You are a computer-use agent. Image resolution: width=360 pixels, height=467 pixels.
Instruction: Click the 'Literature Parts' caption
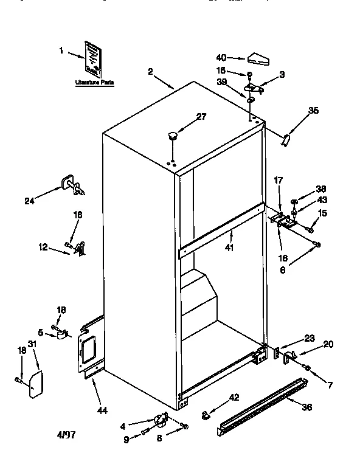point(94,81)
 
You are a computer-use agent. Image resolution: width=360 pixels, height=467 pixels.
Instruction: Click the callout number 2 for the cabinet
point(150,71)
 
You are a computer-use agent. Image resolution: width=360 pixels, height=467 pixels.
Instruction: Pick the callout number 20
point(328,344)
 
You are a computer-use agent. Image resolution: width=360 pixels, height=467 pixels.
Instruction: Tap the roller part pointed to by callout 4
point(161,420)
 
